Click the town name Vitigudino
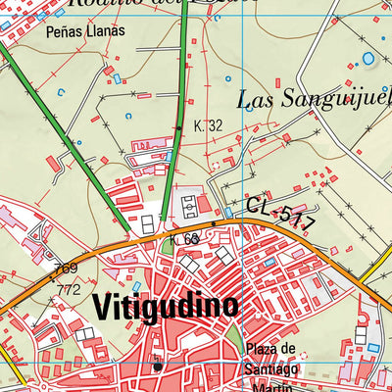[166, 308]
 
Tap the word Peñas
[64, 31]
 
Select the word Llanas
[107, 31]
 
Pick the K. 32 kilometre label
[208, 126]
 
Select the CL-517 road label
[280, 213]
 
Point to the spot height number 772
[68, 289]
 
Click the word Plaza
[270, 351]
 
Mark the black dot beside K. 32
[178, 127]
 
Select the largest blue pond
[368, 59]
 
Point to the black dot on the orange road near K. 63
[214, 223]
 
